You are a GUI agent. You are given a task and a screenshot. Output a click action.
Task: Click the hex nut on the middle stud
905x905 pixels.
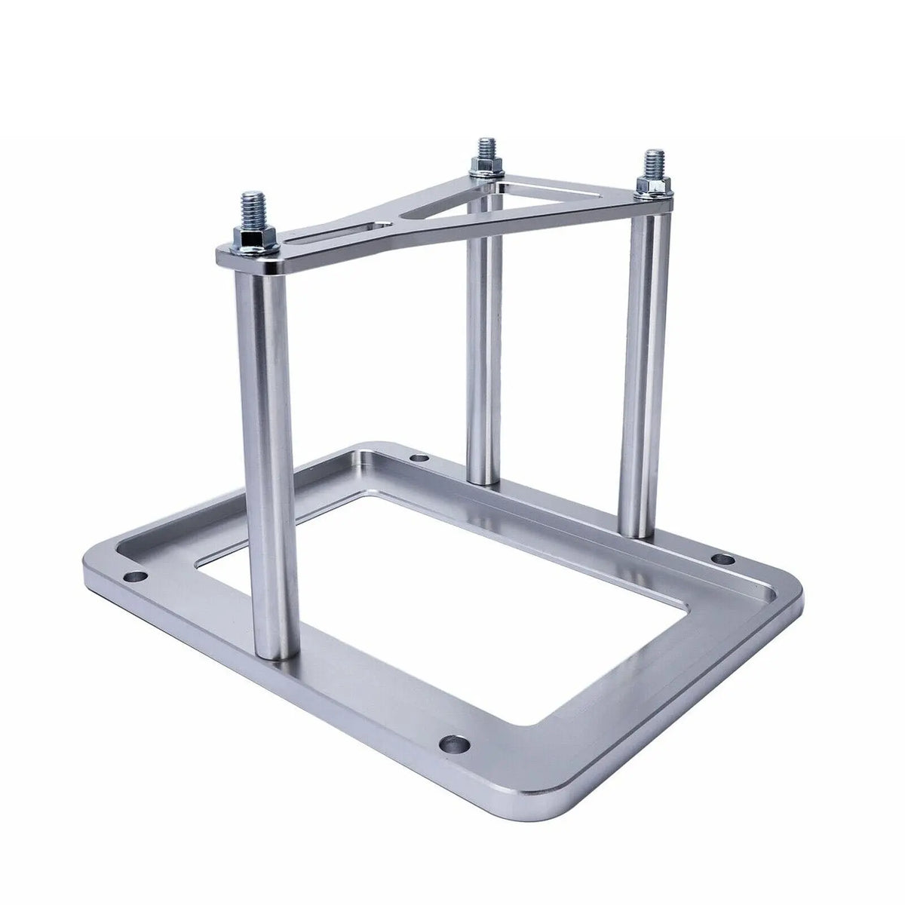[481, 172]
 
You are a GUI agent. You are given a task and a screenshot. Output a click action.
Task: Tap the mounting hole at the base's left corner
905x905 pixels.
[136, 577]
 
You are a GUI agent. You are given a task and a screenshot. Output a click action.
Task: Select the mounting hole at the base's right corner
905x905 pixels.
[722, 560]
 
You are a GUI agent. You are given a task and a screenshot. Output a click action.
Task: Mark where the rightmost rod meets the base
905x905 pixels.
[637, 532]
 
